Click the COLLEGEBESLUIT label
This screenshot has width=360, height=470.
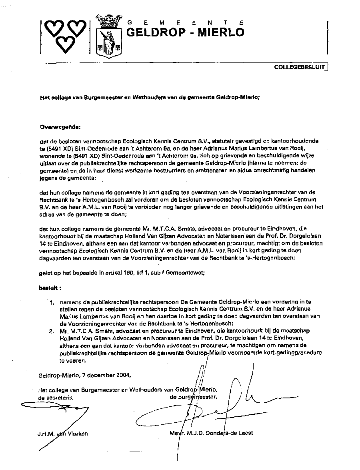[x=299, y=67]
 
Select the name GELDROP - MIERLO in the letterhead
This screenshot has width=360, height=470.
[x=185, y=32]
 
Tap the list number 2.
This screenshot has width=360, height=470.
[x=51, y=331]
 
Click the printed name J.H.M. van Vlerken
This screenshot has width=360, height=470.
[x=63, y=433]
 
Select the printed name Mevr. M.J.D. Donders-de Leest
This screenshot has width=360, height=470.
[x=211, y=433]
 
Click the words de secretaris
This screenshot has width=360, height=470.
[x=56, y=398]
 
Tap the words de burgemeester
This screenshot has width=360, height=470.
[x=194, y=397]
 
